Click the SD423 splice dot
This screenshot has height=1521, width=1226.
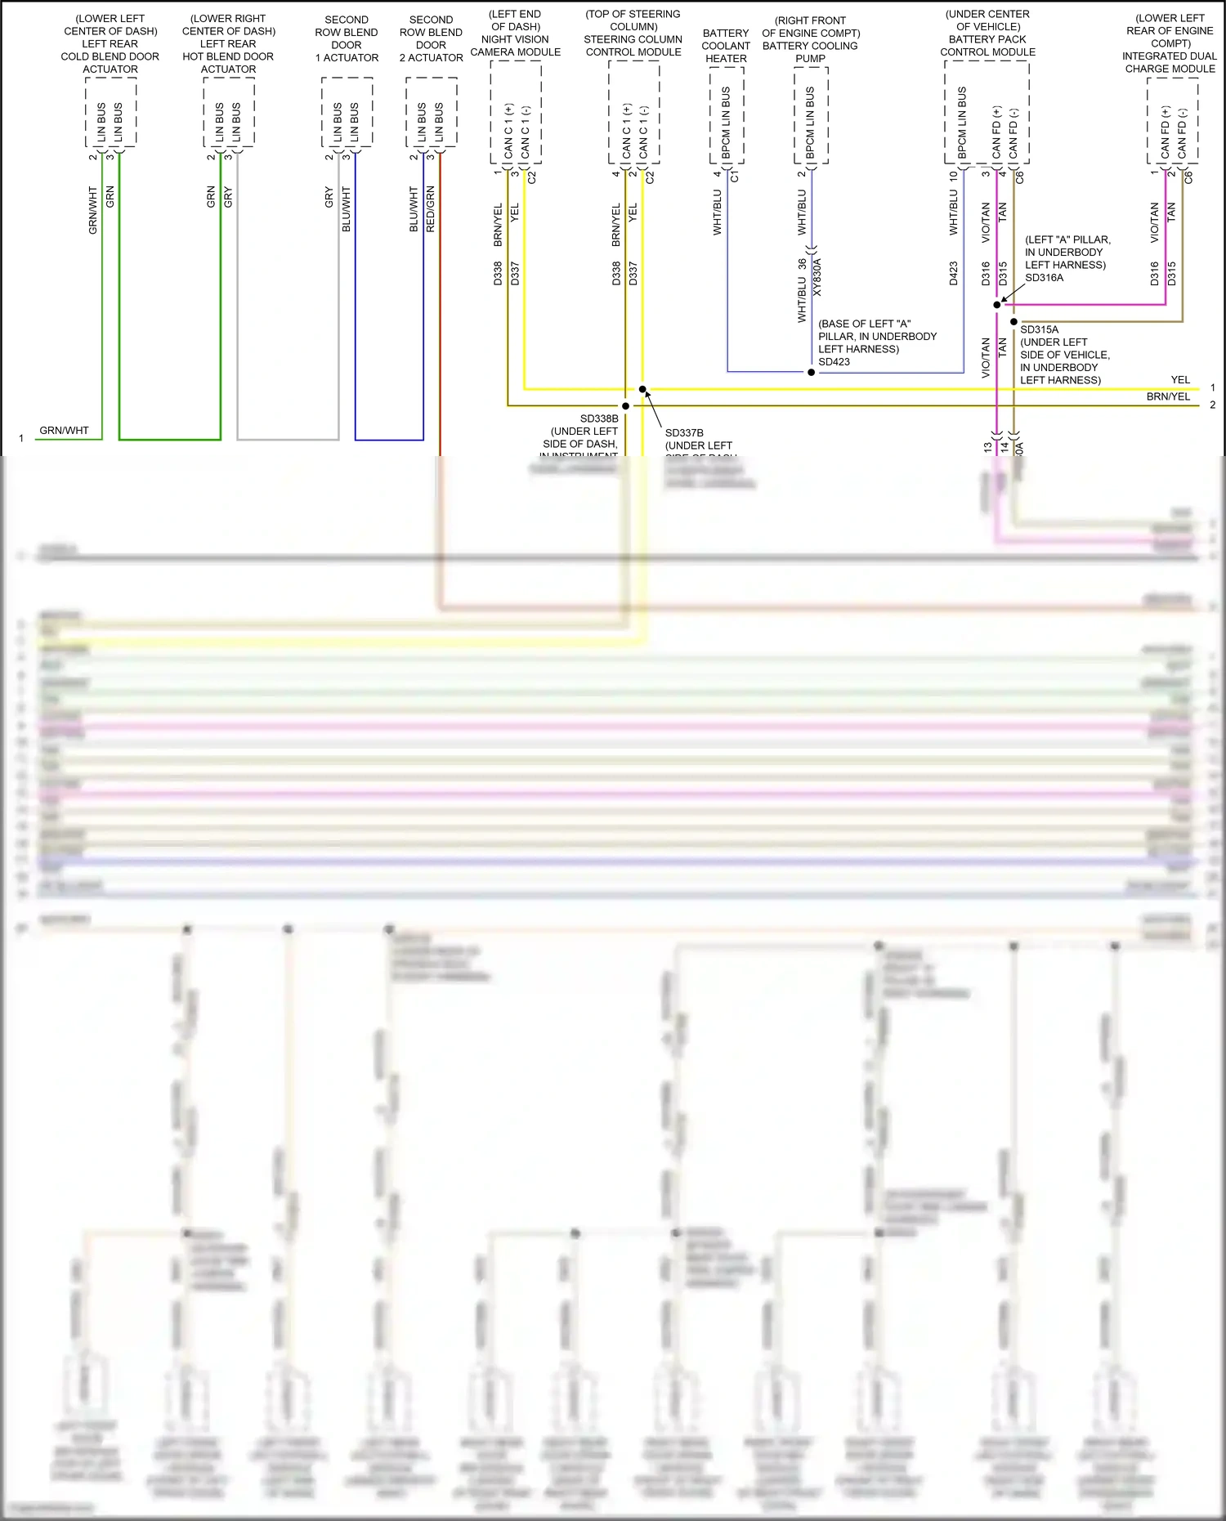pyautogui.click(x=811, y=373)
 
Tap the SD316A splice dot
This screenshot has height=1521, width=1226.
pyautogui.click(x=996, y=305)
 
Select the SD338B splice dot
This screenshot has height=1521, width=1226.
pyautogui.click(x=625, y=406)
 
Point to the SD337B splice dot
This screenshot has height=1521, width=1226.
pyautogui.click(x=642, y=389)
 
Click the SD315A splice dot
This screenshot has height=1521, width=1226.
pyautogui.click(x=1013, y=322)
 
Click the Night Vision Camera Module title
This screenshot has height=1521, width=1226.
pyautogui.click(x=515, y=34)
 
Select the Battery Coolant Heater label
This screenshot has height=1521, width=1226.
pyautogui.click(x=726, y=46)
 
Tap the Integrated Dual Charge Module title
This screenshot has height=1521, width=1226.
pyautogui.click(x=1170, y=43)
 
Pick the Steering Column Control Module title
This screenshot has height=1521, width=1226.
pyautogui.click(x=633, y=34)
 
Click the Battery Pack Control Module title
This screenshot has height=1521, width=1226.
pyautogui.click(x=987, y=34)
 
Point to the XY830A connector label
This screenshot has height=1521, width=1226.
pyautogui.click(x=817, y=277)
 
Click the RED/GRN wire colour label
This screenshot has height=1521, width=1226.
pyautogui.click(x=431, y=209)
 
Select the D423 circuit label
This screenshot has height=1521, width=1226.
pyautogui.click(x=954, y=273)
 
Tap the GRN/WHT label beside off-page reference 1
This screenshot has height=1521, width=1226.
pyautogui.click(x=64, y=431)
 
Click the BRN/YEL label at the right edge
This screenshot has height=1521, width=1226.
pyautogui.click(x=1168, y=397)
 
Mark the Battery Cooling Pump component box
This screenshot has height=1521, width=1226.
pyautogui.click(x=811, y=115)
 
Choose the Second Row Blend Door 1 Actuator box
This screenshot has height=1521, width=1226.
pyautogui.click(x=347, y=113)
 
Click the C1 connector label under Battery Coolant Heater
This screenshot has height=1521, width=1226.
pyautogui.click(x=734, y=176)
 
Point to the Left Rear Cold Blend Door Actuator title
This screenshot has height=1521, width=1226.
pyautogui.click(x=110, y=44)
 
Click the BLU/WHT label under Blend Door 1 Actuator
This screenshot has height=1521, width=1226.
pyautogui.click(x=347, y=209)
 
